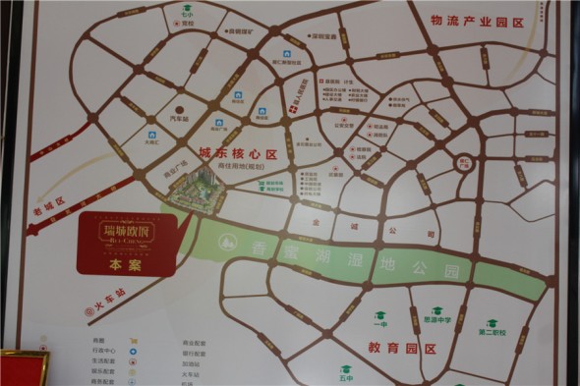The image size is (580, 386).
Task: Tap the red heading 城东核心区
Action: pyautogui.click(x=239, y=154)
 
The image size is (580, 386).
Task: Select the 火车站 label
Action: pyautogui.click(x=108, y=294)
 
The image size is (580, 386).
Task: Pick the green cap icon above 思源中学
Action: pyautogui.click(x=438, y=307)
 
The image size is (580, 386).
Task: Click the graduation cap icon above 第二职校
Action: pyautogui.click(x=492, y=323)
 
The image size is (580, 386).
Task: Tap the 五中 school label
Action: pyautogui.click(x=346, y=378)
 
